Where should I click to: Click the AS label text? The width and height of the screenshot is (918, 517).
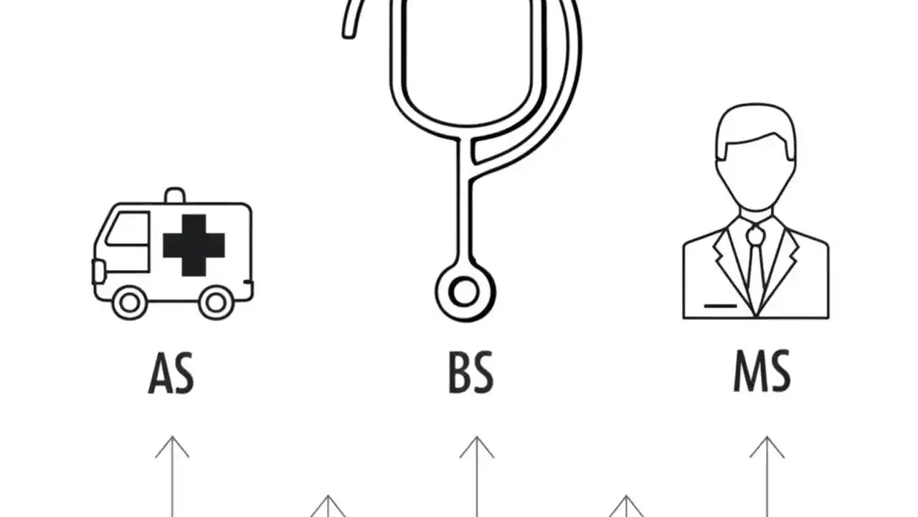pyautogui.click(x=171, y=373)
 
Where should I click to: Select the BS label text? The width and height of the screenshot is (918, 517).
pyautogui.click(x=471, y=373)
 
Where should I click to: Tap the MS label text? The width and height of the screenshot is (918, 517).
pyautogui.click(x=762, y=371)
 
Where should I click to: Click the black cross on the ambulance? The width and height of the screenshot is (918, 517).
pyautogui.click(x=194, y=245)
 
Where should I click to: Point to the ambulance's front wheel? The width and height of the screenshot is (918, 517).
pyautogui.click(x=130, y=303)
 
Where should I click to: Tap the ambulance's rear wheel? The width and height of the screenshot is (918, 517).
pyautogui.click(x=216, y=303)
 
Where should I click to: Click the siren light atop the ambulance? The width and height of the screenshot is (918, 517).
pyautogui.click(x=175, y=196)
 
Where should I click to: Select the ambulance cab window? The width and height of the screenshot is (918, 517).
pyautogui.click(x=128, y=229)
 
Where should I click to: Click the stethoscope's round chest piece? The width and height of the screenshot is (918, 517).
pyautogui.click(x=465, y=292)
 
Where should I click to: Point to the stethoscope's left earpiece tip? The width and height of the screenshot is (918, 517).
pyautogui.click(x=349, y=32)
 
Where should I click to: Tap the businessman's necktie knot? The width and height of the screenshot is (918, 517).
pyautogui.click(x=755, y=235)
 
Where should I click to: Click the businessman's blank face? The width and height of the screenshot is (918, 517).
pyautogui.click(x=756, y=177)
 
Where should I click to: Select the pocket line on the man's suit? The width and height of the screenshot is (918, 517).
pyautogui.click(x=721, y=306)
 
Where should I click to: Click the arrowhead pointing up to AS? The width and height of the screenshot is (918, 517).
pyautogui.click(x=173, y=447)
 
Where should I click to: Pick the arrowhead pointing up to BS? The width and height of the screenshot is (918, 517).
pyautogui.click(x=477, y=447)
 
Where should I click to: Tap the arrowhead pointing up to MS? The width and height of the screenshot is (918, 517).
pyautogui.click(x=767, y=447)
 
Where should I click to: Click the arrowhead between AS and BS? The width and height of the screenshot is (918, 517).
pyautogui.click(x=328, y=506)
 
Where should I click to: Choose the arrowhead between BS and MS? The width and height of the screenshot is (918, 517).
pyautogui.click(x=626, y=506)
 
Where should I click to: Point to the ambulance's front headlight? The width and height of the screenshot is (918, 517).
pyautogui.click(x=98, y=271)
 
